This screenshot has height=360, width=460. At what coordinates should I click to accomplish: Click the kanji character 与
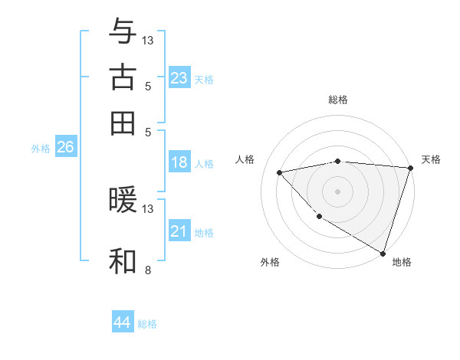point(123,31)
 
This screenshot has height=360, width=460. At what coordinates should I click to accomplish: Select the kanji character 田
point(123,123)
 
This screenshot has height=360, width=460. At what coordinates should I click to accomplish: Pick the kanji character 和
point(123,261)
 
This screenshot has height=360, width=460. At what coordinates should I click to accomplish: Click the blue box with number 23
point(179,78)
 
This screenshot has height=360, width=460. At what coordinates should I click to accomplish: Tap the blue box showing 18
point(179,162)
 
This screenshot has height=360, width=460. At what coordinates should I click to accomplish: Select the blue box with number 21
point(179,231)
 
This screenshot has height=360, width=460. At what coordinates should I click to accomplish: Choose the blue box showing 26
point(65,148)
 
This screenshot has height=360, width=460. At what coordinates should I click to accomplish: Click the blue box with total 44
point(123,322)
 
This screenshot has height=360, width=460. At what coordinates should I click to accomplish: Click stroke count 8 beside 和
point(147,270)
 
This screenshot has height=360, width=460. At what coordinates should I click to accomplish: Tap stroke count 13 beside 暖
point(148,208)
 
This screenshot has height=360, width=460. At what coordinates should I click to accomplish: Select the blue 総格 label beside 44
point(147,324)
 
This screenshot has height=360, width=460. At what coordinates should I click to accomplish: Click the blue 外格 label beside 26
point(41,149)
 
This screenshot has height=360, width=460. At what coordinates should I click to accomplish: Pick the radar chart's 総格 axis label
point(338,100)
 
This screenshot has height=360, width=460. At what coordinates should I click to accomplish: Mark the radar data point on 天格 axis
point(410,168)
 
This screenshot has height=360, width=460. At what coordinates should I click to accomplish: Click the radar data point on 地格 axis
point(383,252)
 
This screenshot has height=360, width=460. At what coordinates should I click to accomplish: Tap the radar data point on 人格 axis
point(280,172)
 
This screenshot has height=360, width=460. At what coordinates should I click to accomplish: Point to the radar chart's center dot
point(337,191)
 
